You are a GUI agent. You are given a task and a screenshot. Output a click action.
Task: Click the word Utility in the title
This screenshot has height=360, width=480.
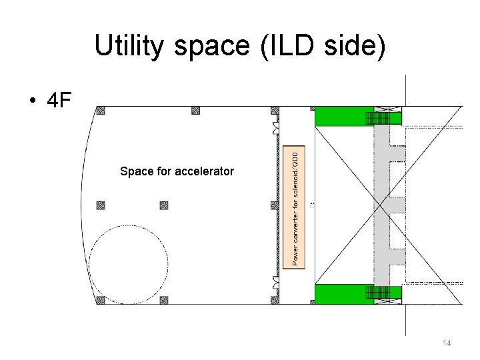point(129,45)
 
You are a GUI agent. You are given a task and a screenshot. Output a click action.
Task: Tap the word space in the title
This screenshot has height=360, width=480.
point(212,47)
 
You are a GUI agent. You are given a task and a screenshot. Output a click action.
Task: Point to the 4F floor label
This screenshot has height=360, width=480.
point(59,100)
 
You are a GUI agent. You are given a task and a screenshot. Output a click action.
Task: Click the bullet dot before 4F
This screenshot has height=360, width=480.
point(33,100)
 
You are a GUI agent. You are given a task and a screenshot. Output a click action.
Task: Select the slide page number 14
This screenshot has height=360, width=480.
point(447,343)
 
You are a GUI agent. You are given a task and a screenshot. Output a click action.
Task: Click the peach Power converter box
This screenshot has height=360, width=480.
point(294,207)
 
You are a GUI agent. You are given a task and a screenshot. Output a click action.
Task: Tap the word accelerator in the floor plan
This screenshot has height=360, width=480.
point(205,171)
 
